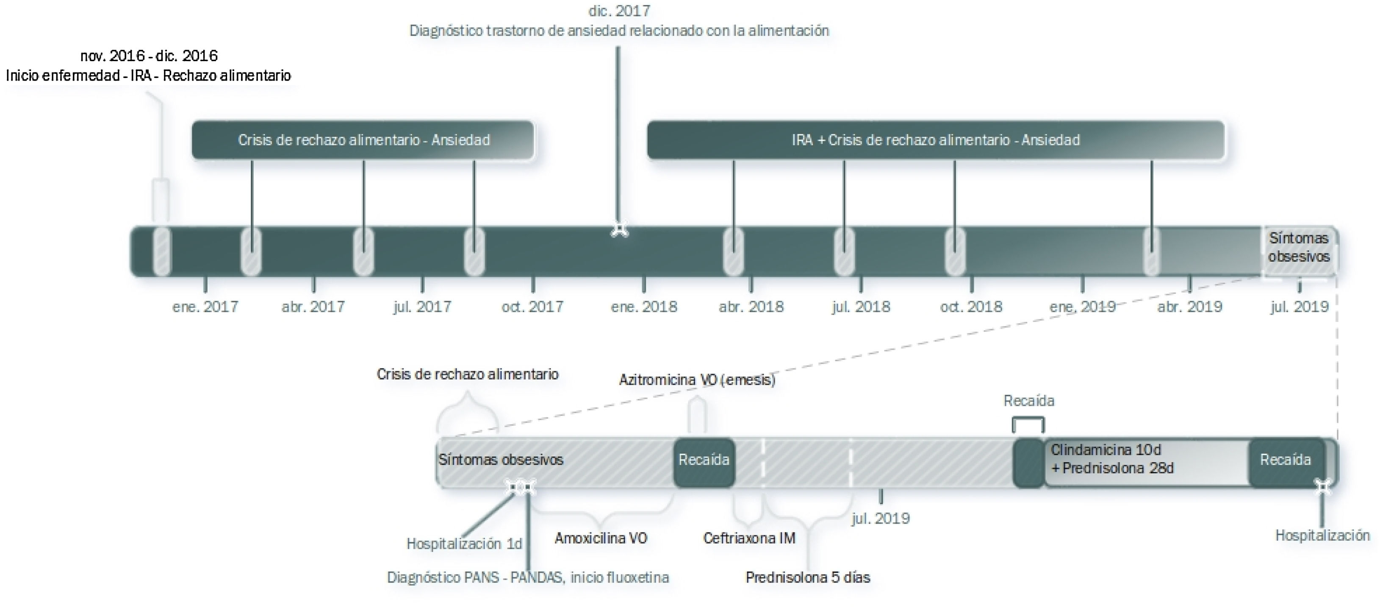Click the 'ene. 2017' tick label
click(x=205, y=307)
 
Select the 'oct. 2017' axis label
click(x=532, y=307)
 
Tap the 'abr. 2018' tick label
click(x=751, y=307)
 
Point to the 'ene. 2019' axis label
click(x=1082, y=307)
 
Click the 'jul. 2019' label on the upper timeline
click(x=1299, y=307)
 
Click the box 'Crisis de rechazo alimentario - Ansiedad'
click(x=363, y=140)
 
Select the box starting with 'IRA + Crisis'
click(x=935, y=140)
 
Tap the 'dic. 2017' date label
click(x=619, y=11)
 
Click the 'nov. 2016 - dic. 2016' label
click(x=149, y=56)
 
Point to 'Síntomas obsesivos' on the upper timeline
click(x=1299, y=247)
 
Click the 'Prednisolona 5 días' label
click(x=807, y=578)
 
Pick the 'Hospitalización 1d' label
click(x=464, y=544)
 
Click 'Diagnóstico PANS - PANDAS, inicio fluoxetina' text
click(x=528, y=578)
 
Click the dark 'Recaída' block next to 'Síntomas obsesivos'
click(x=704, y=460)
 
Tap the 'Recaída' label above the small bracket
click(x=1028, y=401)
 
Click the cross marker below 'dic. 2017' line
click(x=619, y=229)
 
